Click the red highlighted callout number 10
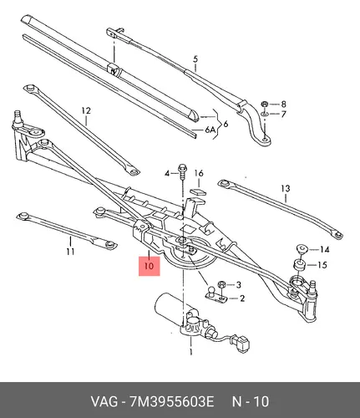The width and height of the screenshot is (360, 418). point(150,266)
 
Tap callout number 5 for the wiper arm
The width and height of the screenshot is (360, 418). point(195,59)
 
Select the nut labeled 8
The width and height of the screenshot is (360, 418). point(264,104)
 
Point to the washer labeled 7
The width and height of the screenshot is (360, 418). point(265,114)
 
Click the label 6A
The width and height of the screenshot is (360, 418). point(210,130)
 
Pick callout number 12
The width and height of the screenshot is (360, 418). point(86,111)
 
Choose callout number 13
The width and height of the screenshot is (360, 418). point(286,189)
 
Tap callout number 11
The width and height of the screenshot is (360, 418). point(71,252)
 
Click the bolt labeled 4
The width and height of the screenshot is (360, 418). point(182,171)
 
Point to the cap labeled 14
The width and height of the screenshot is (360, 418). point(302,248)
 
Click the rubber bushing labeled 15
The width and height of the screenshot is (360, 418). point(300,264)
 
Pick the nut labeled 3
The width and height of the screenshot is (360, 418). point(221,284)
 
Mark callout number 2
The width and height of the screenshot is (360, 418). point(242,298)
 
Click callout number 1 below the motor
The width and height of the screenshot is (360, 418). point(191,352)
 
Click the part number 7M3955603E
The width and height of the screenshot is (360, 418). point(172,402)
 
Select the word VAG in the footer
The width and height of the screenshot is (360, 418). point(104,402)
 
